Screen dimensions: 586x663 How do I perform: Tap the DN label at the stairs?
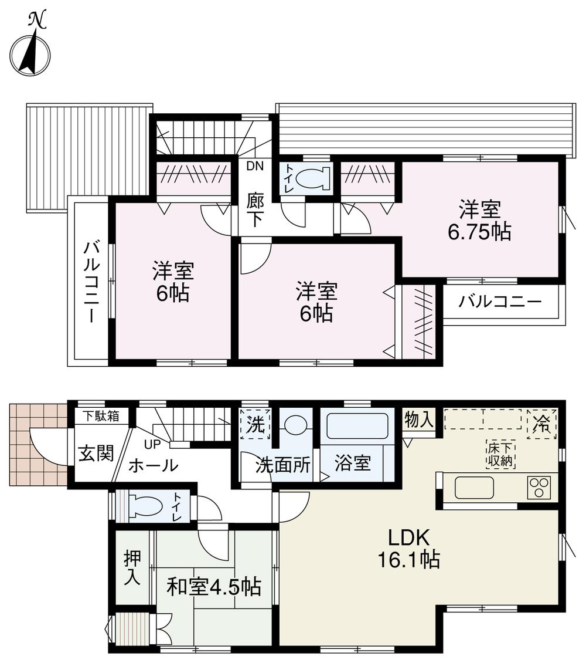point(255,165)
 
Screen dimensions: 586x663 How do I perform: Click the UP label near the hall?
point(152,444)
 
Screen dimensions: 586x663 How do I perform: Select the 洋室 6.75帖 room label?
point(479,221)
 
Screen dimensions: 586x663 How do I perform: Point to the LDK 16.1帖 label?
point(408,549)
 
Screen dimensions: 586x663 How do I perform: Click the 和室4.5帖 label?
point(214,587)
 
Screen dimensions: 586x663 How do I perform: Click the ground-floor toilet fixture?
point(147,505)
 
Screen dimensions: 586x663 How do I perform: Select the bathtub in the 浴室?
point(357,427)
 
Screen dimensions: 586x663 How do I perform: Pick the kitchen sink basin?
point(474,488)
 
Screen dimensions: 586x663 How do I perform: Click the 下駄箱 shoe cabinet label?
point(100,416)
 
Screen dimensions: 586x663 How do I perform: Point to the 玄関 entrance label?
point(96,454)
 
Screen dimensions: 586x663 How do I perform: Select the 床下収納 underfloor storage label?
point(500,454)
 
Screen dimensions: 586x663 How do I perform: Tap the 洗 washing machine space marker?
point(255,424)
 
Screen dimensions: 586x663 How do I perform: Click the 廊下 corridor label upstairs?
point(255,210)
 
